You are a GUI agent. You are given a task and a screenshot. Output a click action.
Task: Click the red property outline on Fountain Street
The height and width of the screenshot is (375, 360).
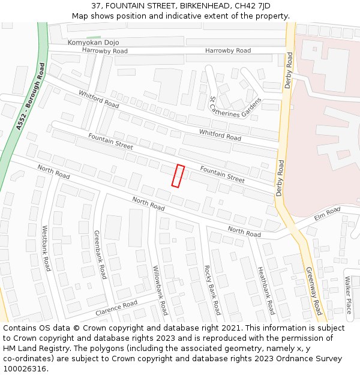click(x=178, y=175)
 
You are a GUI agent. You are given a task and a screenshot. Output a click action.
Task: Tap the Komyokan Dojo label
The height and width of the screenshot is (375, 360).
click(x=93, y=43)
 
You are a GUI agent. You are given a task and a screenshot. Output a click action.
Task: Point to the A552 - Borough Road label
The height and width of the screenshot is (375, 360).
click(x=31, y=96)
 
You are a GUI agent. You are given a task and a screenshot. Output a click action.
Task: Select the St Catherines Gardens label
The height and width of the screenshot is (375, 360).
click(x=235, y=107)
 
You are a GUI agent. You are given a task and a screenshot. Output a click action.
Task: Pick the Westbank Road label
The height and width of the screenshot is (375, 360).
click(x=46, y=248)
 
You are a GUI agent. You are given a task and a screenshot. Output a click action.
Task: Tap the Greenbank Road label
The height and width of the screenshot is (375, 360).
click(x=100, y=254)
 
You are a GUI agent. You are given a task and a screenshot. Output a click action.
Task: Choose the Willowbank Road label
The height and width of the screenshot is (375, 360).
click(x=160, y=290)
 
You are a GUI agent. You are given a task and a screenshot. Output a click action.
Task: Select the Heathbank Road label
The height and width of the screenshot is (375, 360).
click(x=266, y=290)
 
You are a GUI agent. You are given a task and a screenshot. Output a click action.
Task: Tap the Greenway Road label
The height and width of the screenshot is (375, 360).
click(x=314, y=291)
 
